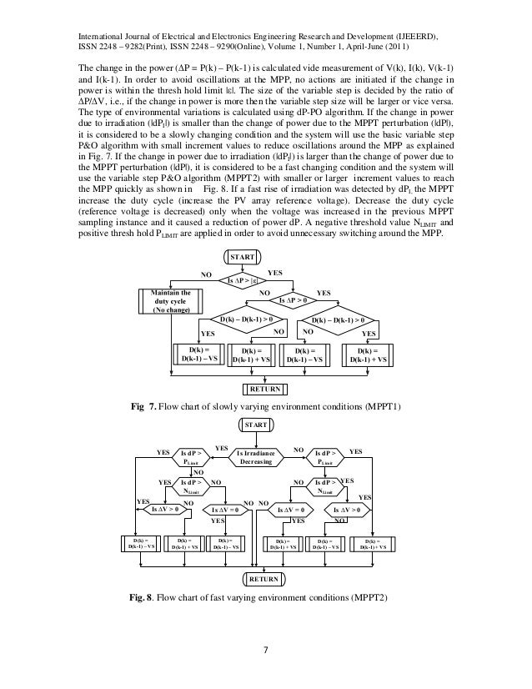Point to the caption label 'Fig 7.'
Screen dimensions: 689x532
[145, 407]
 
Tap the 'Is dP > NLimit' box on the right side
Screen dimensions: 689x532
[325, 486]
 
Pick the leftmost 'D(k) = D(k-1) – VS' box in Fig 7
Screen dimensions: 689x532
[198, 354]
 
